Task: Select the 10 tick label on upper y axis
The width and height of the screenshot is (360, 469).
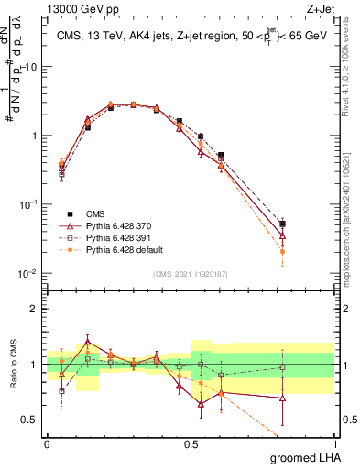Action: [x=30, y=67]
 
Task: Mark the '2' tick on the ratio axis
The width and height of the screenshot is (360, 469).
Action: [x=35, y=309]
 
